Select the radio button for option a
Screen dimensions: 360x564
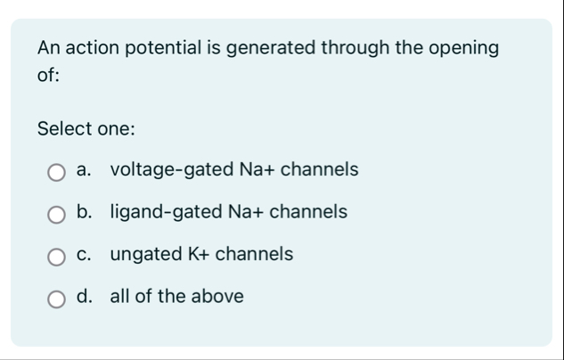click(x=56, y=171)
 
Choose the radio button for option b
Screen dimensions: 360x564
click(x=56, y=214)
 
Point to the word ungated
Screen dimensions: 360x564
click(x=145, y=255)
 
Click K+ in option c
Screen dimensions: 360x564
click(x=197, y=255)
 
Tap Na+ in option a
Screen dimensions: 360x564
click(x=247, y=169)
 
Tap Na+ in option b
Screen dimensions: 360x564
click(x=241, y=212)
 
